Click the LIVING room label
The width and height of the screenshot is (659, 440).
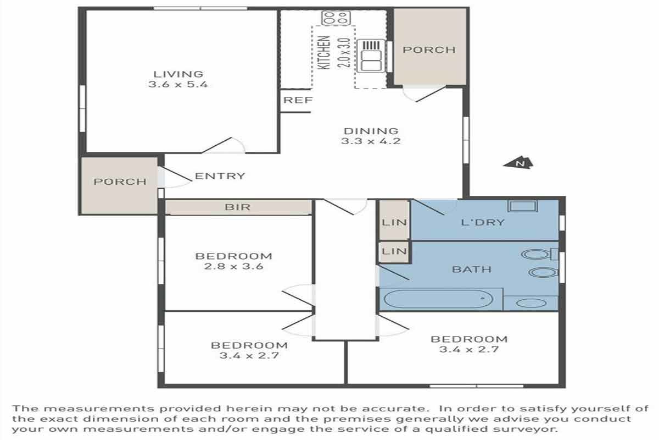click(178, 74)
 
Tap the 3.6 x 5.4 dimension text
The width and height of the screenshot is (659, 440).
click(178, 85)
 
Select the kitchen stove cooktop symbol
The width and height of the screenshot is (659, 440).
click(336, 18)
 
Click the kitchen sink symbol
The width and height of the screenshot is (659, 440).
click(371, 56)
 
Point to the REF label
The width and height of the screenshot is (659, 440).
click(298, 100)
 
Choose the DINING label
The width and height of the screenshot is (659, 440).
click(371, 131)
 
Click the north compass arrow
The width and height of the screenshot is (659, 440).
click(518, 162)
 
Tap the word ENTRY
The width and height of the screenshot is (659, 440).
click(220, 176)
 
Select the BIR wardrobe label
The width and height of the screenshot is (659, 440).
click(238, 207)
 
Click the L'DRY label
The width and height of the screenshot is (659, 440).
click(483, 222)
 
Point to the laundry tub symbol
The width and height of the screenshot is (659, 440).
click(522, 206)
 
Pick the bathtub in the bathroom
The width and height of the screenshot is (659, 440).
click(438, 299)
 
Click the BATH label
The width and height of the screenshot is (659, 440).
click(472, 269)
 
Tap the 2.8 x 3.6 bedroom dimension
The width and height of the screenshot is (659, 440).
click(233, 266)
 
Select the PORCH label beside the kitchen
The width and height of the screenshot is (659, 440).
click(429, 50)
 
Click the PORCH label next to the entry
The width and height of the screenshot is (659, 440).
click(120, 182)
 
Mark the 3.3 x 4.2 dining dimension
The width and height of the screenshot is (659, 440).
click(371, 141)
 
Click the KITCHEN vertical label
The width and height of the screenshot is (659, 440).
click(324, 53)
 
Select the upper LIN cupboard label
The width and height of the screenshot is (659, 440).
click(394, 222)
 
